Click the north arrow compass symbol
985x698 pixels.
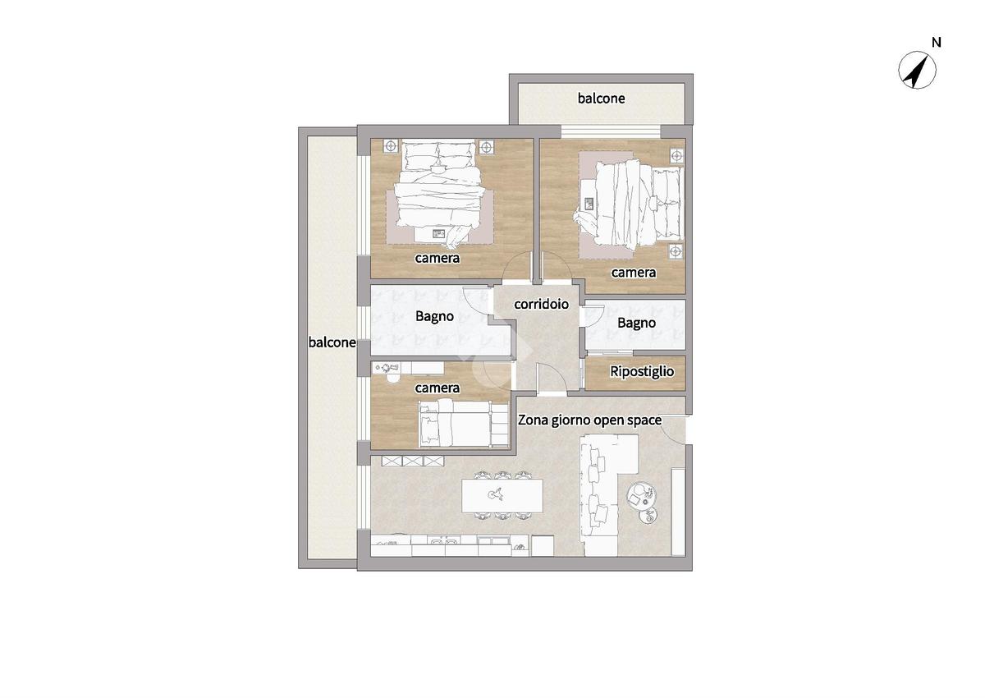click(x=917, y=70)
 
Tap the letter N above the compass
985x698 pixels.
click(x=937, y=43)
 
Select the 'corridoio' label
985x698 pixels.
click(x=541, y=305)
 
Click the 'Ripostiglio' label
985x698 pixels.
click(x=642, y=372)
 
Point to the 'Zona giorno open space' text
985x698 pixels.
click(x=589, y=420)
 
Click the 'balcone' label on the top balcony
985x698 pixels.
click(x=601, y=98)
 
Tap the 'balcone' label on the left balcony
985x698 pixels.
click(x=332, y=342)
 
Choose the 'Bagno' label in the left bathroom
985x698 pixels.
click(x=434, y=317)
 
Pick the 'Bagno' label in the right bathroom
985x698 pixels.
click(x=636, y=324)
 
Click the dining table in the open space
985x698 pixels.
click(x=502, y=495)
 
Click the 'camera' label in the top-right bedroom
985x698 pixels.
click(x=633, y=273)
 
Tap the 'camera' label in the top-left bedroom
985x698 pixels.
click(x=437, y=258)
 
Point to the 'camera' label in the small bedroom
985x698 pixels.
click(x=437, y=388)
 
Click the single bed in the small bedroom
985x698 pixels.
click(x=464, y=424)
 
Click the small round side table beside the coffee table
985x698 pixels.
click(x=648, y=516)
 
